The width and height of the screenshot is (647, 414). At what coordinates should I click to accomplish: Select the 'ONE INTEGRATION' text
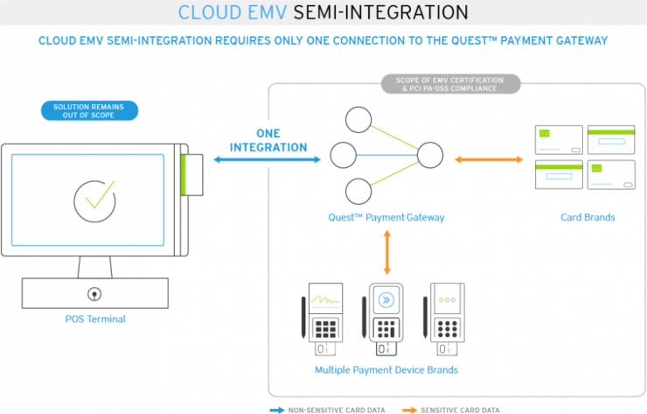click(268, 140)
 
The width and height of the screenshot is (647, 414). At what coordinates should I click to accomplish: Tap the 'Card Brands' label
click(587, 217)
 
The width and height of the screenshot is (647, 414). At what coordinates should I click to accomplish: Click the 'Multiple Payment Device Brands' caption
click(386, 369)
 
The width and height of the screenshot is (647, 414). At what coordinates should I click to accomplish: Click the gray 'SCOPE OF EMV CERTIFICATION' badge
click(451, 84)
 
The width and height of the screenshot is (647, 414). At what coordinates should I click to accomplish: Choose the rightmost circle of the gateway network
click(430, 157)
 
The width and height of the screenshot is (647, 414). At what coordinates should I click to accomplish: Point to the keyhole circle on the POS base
click(92, 291)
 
